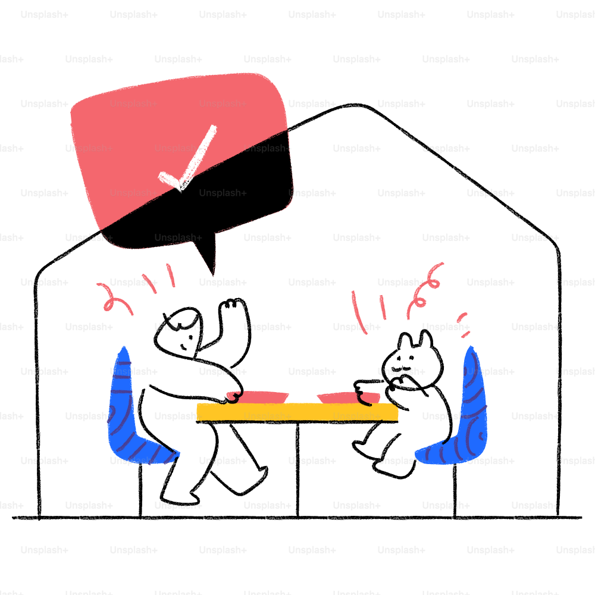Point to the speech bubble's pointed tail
[x=210, y=265]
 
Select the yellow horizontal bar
[x=297, y=412]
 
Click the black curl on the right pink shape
[x=364, y=397]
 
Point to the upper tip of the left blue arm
[x=123, y=351]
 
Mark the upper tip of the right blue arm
[x=471, y=351]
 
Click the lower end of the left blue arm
[x=173, y=455]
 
